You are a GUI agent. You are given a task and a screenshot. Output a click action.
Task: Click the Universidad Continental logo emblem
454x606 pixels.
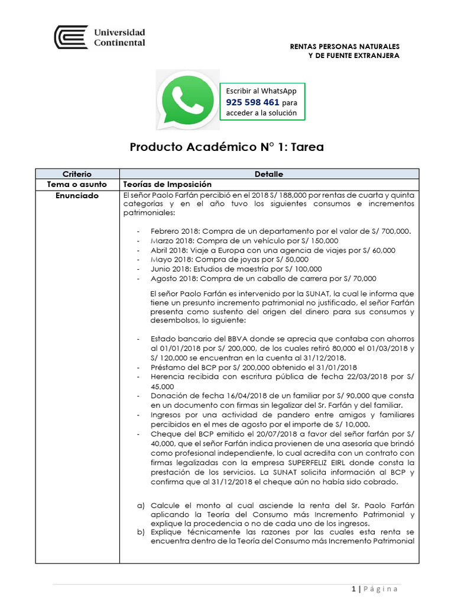[x=70, y=37]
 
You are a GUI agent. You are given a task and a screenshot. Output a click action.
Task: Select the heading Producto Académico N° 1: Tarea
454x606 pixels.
[x=226, y=147]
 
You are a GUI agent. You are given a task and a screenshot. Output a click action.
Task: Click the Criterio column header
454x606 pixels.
[x=77, y=174]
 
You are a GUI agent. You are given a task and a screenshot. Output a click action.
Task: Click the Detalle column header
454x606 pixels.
[x=269, y=174]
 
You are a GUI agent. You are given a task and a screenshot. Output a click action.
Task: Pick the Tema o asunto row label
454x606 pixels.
[x=77, y=184]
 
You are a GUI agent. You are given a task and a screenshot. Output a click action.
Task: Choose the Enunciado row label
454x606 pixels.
[x=77, y=195]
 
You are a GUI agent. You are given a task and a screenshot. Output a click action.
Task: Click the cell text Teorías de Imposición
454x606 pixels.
[x=167, y=184]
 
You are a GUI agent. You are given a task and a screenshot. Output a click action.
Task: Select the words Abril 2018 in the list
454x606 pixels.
[x=168, y=250]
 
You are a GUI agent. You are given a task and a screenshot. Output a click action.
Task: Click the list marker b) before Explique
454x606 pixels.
[x=140, y=532]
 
